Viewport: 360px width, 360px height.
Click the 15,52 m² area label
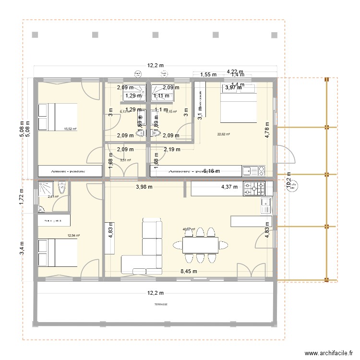(x=71, y=129)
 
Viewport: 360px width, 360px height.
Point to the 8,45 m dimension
(x=188, y=272)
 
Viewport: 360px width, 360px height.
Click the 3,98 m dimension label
(x=144, y=187)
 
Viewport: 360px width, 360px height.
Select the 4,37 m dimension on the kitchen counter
(x=228, y=187)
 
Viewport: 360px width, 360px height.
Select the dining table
(x=200, y=244)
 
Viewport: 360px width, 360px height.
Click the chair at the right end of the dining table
(x=223, y=245)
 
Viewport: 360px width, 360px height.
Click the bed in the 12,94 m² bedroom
(x=58, y=252)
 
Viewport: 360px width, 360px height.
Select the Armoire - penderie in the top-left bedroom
(x=70, y=170)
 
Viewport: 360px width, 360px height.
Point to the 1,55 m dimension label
(x=208, y=74)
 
